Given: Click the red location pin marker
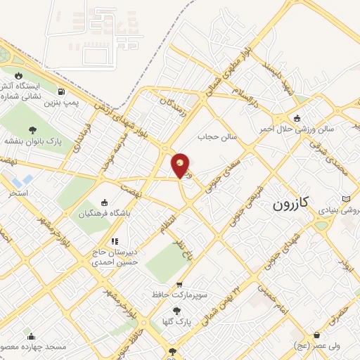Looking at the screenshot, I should (x=181, y=164).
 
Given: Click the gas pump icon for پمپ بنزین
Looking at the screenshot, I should (x=63, y=91).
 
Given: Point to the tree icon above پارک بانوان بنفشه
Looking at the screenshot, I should (x=32, y=129).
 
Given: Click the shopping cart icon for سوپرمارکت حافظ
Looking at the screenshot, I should (x=179, y=285).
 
